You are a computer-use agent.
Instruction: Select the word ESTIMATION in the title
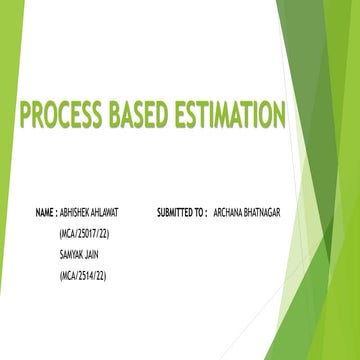click(x=228, y=116)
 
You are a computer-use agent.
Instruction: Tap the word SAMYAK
click(x=72, y=252)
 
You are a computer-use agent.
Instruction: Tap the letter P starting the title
click(x=23, y=116)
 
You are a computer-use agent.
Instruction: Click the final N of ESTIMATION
click(x=277, y=116)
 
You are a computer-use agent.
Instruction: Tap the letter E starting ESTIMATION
click(x=177, y=116)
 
